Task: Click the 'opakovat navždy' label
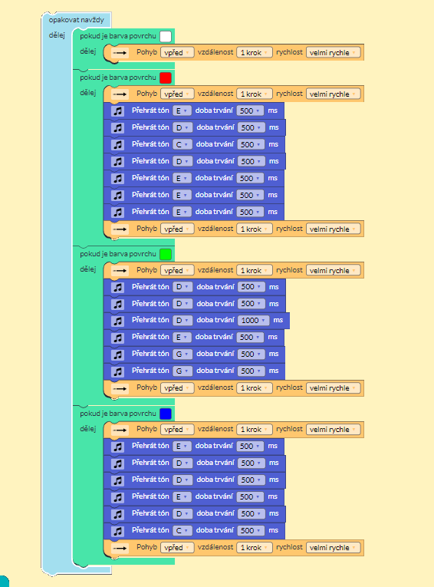click(77, 20)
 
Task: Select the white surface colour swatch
click(166, 36)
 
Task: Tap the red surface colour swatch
click(166, 77)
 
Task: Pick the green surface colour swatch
click(166, 254)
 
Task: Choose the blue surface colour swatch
click(166, 414)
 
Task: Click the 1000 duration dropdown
click(253, 321)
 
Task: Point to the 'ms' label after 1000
click(278, 320)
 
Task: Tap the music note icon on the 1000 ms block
click(118, 321)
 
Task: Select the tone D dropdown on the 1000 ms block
click(182, 321)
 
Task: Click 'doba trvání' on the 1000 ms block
click(215, 320)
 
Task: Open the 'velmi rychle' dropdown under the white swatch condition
click(334, 53)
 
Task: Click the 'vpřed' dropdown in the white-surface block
click(177, 53)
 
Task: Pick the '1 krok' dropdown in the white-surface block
click(255, 53)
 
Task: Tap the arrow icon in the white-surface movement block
click(120, 53)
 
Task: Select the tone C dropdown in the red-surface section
click(182, 144)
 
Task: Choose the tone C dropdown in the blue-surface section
click(182, 530)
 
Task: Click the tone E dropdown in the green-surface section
click(182, 338)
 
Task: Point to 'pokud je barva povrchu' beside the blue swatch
click(118, 414)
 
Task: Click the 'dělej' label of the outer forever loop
click(57, 35)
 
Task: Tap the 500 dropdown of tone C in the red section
click(251, 144)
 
